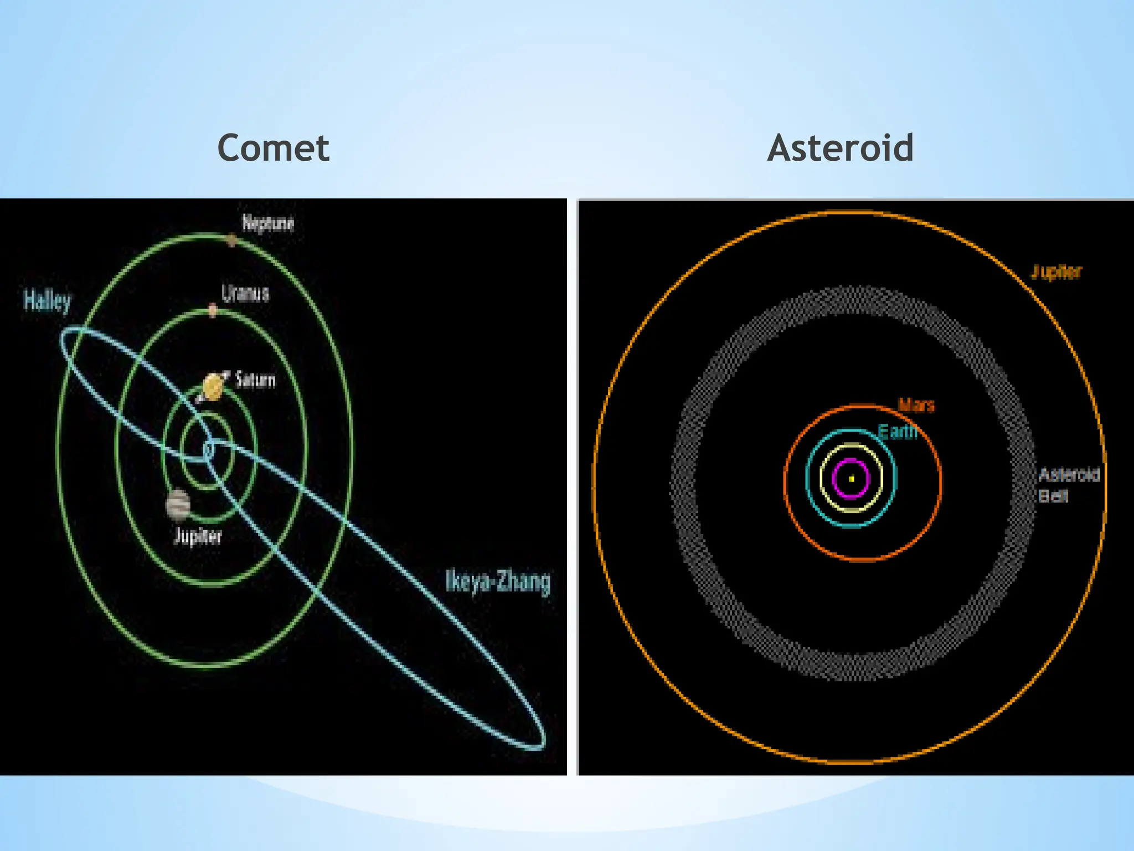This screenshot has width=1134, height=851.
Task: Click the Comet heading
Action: tap(274, 148)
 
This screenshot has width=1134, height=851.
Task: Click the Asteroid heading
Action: tap(840, 148)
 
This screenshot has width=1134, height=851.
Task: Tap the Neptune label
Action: tap(268, 223)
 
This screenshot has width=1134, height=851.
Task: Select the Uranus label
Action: tap(245, 293)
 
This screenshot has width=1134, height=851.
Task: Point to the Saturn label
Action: tap(255, 380)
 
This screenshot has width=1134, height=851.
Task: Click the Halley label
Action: tap(47, 301)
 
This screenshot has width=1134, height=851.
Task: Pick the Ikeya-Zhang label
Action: tap(498, 581)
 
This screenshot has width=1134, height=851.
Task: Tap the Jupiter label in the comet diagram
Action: tap(198, 536)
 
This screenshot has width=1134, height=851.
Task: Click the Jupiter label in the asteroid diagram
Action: tap(1055, 272)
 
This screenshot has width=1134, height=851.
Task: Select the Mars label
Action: tap(916, 406)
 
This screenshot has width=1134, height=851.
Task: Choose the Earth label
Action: tap(898, 432)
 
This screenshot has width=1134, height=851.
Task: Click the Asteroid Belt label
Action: tap(1068, 485)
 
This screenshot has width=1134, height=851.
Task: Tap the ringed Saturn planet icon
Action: tap(213, 387)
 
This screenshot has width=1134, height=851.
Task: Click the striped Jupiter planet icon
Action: tap(178, 505)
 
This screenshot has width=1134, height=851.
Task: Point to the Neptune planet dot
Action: tap(232, 240)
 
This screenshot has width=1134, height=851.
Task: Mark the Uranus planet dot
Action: tap(213, 309)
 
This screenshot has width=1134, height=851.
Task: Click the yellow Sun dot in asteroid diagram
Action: tap(852, 479)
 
